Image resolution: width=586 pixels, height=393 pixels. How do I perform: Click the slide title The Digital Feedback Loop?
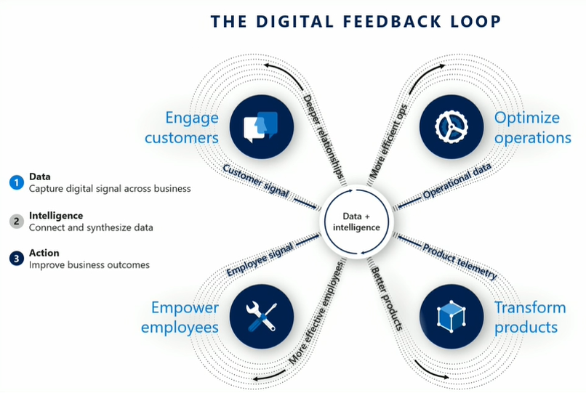[x=356, y=22]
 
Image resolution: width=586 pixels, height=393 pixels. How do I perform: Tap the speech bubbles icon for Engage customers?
[x=261, y=126]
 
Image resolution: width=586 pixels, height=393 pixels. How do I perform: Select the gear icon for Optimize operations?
[x=451, y=126]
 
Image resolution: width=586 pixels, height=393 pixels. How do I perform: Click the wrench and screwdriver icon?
[x=261, y=316]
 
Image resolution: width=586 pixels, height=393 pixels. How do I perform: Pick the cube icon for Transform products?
[x=451, y=316]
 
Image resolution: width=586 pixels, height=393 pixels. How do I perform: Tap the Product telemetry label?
[x=459, y=261]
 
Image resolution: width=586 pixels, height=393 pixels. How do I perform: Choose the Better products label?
[x=387, y=297]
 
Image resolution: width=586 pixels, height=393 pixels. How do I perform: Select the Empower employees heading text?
[x=180, y=317]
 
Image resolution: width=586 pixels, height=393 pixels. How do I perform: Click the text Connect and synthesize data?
[x=91, y=227]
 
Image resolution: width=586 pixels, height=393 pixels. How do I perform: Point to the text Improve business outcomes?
[x=89, y=265]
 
